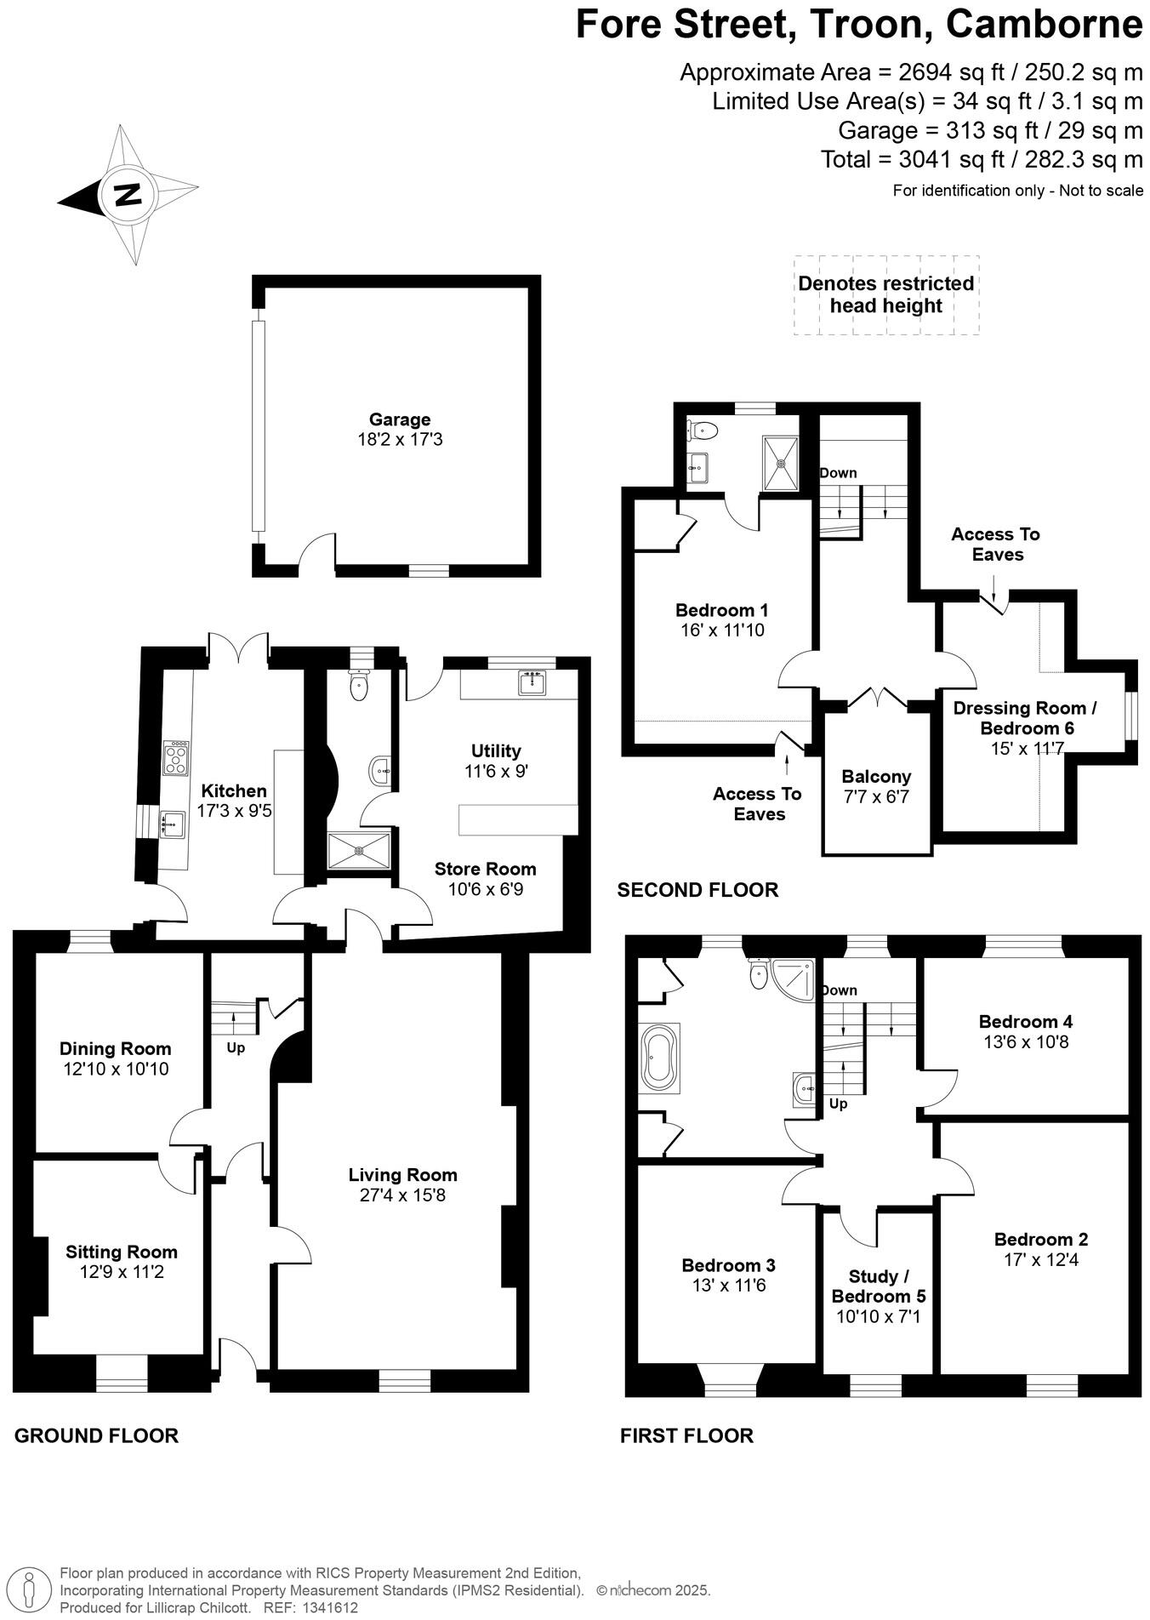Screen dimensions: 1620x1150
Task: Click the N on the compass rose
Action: [x=128, y=195]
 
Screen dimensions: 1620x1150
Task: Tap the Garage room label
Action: [x=399, y=419]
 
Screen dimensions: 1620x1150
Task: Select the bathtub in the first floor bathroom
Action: [x=659, y=1058]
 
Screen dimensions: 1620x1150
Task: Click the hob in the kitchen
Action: [x=176, y=758]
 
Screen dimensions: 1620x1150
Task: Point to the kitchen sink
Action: [x=173, y=823]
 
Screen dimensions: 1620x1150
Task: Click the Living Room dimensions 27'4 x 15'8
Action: [x=402, y=1195]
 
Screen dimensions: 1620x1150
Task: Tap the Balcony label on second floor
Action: [x=876, y=776]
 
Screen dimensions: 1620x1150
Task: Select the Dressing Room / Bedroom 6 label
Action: [x=1026, y=718]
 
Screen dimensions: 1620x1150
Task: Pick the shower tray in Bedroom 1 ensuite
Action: [x=781, y=464]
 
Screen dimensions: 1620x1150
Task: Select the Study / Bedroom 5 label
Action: [x=879, y=1286]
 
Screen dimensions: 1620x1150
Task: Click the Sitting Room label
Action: [x=122, y=1252]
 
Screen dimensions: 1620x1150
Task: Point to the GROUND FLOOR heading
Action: [x=96, y=1436]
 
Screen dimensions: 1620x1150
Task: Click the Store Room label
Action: [x=485, y=869]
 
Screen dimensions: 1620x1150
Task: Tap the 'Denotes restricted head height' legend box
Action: [x=885, y=294]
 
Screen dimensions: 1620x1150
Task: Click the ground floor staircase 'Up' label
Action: [x=236, y=1047]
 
